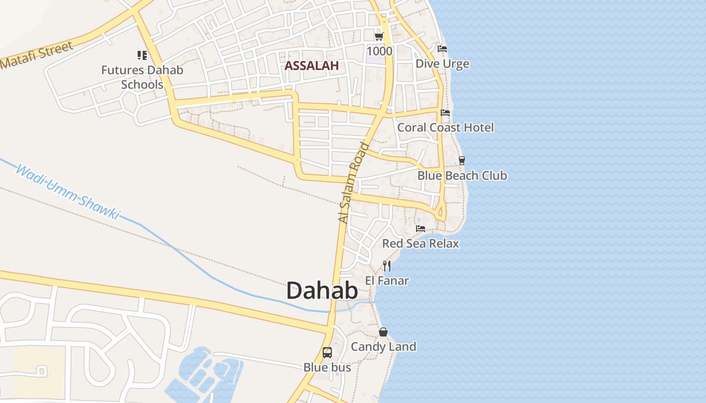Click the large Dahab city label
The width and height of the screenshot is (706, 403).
coord(322,291)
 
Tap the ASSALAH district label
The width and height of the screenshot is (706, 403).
coord(312,66)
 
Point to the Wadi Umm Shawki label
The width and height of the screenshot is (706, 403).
coord(68,192)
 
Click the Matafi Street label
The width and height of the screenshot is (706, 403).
coord(37,55)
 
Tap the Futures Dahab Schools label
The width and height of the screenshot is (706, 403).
coord(142,77)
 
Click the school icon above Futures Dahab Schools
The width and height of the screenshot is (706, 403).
coord(142,55)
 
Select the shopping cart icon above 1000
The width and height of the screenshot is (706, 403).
coord(379,37)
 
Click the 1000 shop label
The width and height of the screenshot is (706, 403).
coord(379,51)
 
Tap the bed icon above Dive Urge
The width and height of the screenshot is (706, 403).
coord(442,49)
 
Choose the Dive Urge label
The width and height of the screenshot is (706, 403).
coord(442,64)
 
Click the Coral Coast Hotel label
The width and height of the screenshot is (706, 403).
coord(445,127)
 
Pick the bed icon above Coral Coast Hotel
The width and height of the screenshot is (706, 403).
coord(445,113)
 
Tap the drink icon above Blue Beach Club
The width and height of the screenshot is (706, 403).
coord(461,161)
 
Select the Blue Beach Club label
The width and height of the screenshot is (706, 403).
coord(462,176)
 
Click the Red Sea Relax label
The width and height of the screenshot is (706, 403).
coord(421,244)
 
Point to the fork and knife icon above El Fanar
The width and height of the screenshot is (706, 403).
coord(387,265)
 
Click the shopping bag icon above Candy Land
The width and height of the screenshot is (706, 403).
coord(383,332)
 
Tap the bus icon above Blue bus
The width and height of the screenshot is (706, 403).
coord(327,353)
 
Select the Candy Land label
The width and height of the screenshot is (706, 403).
coord(383,347)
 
